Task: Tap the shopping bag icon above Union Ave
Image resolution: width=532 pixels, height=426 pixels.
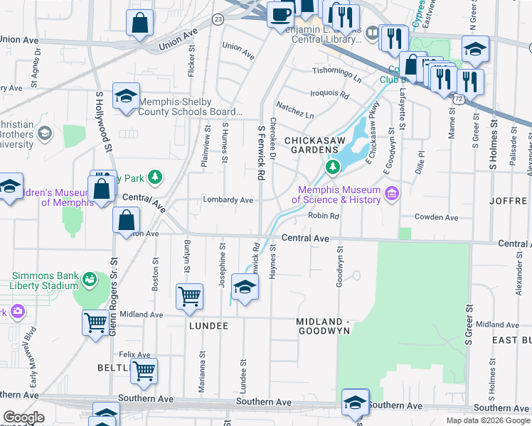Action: [x=140, y=23]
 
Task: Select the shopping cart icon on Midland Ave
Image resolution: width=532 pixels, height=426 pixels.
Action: [x=190, y=297]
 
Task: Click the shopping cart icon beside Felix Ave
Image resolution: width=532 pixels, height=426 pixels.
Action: [x=144, y=371]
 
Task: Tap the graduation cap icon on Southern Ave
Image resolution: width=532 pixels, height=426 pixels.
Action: [x=355, y=402]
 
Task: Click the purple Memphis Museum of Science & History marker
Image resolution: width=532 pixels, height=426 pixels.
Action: [x=390, y=194]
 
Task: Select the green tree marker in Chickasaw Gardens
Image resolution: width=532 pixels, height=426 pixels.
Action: [x=331, y=168]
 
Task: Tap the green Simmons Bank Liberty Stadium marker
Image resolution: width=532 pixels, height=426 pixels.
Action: [x=89, y=280]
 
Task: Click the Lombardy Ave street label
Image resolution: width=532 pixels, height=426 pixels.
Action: [x=228, y=200]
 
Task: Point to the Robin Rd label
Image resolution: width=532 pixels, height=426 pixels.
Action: [x=323, y=216]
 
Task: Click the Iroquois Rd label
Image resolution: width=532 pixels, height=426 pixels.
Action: [x=329, y=94]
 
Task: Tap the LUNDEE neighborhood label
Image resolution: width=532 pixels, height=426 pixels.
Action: [x=208, y=325]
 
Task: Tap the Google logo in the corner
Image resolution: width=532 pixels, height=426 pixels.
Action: [x=24, y=417]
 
